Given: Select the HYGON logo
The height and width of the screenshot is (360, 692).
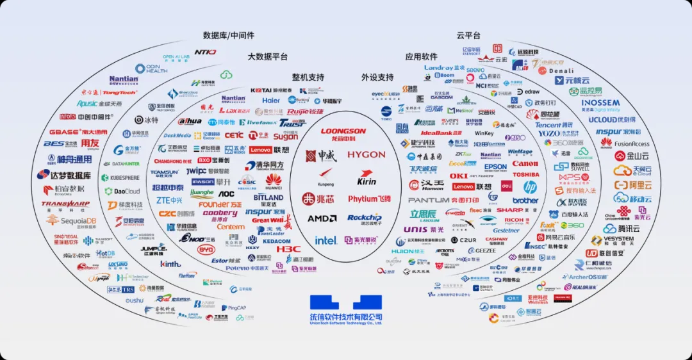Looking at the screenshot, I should pos(367,155).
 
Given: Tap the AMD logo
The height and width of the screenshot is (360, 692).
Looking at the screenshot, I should pos(322,218).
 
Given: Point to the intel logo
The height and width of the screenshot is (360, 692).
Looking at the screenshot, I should pos(325,240).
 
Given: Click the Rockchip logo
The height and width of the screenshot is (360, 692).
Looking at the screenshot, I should pos(365,218).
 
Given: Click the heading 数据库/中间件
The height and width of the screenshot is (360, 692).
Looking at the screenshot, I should pos(229,35).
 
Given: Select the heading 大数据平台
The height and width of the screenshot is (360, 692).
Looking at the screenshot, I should pos(268,57).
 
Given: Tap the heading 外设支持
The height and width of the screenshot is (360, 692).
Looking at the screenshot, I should pos(377,78).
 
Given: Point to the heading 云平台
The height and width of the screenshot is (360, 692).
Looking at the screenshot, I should pos(468,35).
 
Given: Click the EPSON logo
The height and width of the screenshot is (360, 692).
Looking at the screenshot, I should pos(495,167).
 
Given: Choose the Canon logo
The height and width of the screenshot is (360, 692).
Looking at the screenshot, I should pos(525,163).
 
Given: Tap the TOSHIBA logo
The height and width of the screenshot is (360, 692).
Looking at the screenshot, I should pos(525,174).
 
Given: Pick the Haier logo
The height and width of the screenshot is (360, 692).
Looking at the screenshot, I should pos(271,101).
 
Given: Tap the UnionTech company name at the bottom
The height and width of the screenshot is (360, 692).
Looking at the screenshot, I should pos(346,317).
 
